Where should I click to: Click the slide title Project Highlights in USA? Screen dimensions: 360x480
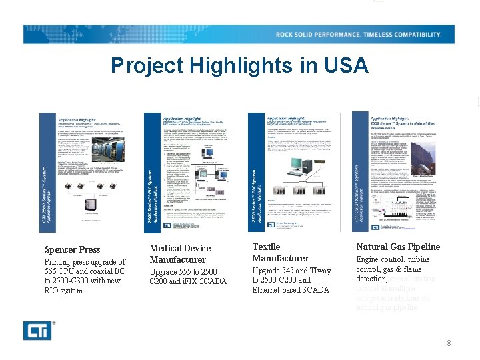[239, 65]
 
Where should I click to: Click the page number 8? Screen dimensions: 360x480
[449, 343]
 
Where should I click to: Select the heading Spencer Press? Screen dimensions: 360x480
[72, 250]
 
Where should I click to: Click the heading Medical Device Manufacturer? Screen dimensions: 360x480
[177, 254]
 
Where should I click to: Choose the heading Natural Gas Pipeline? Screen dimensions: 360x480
[398, 247]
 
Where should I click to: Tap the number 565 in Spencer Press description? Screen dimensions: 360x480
[53, 272]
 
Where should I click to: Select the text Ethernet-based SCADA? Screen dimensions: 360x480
[291, 290]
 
